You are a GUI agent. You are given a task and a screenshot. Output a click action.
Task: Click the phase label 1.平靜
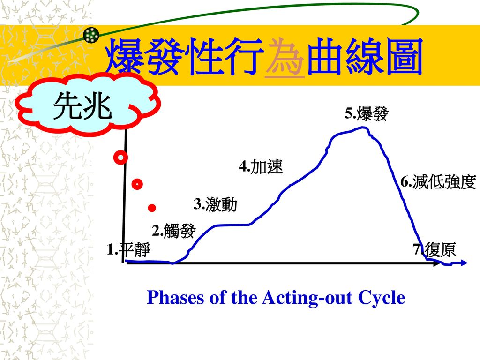tap(128, 249)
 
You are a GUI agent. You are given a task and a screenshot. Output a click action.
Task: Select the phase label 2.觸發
tap(173, 231)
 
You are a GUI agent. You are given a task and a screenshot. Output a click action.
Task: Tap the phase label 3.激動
tap(215, 204)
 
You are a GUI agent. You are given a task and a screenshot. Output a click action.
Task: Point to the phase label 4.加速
tap(261, 166)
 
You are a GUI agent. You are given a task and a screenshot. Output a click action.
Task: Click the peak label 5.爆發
tap(367, 113)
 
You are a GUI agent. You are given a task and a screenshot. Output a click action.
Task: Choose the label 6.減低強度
tap(438, 182)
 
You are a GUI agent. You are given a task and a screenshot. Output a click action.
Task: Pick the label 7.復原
tap(435, 249)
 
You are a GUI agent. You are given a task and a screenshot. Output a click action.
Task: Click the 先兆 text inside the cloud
tap(82, 106)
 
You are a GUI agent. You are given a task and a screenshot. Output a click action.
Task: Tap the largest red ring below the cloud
tap(120, 157)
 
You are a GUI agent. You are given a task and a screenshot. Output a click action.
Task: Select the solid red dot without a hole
tap(152, 208)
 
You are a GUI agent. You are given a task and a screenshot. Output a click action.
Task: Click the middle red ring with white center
tap(137, 184)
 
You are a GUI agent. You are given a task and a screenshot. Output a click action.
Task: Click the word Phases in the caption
tap(175, 297)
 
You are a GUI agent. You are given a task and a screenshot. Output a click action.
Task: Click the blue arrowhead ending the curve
tap(464, 262)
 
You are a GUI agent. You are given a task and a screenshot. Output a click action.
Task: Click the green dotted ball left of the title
tap(91, 35)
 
